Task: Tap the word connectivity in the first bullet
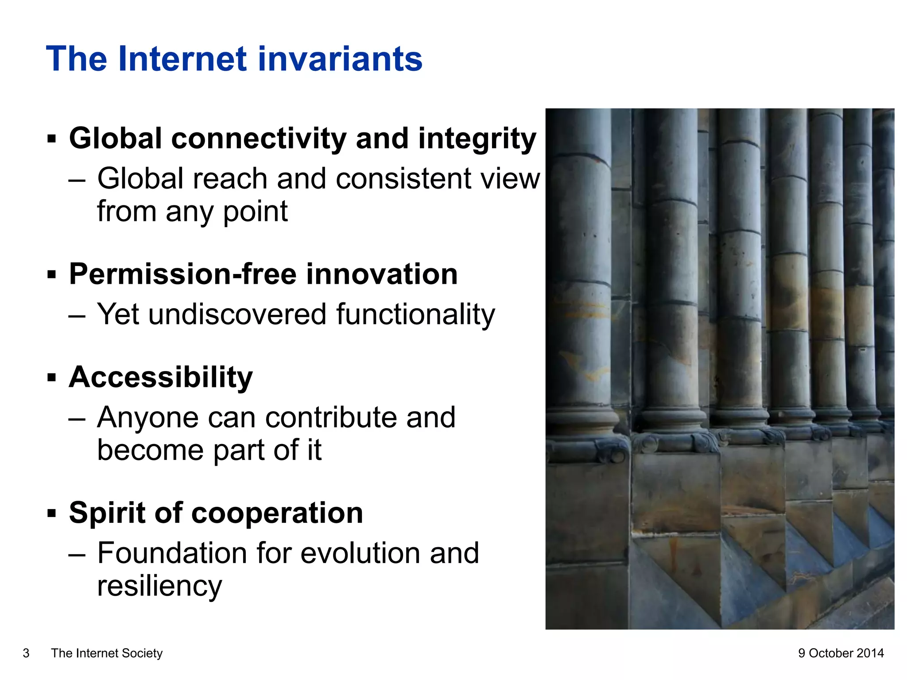[x=259, y=139]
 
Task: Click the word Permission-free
[x=182, y=274]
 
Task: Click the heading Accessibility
[x=161, y=378]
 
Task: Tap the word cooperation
[x=277, y=513]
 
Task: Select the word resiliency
[x=159, y=587]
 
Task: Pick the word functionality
[x=415, y=315]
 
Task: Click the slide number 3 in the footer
[x=26, y=653]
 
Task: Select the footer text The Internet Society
[x=107, y=653]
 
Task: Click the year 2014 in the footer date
[x=870, y=653]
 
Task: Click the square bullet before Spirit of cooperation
[x=52, y=514]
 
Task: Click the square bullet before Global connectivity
[x=52, y=139]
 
